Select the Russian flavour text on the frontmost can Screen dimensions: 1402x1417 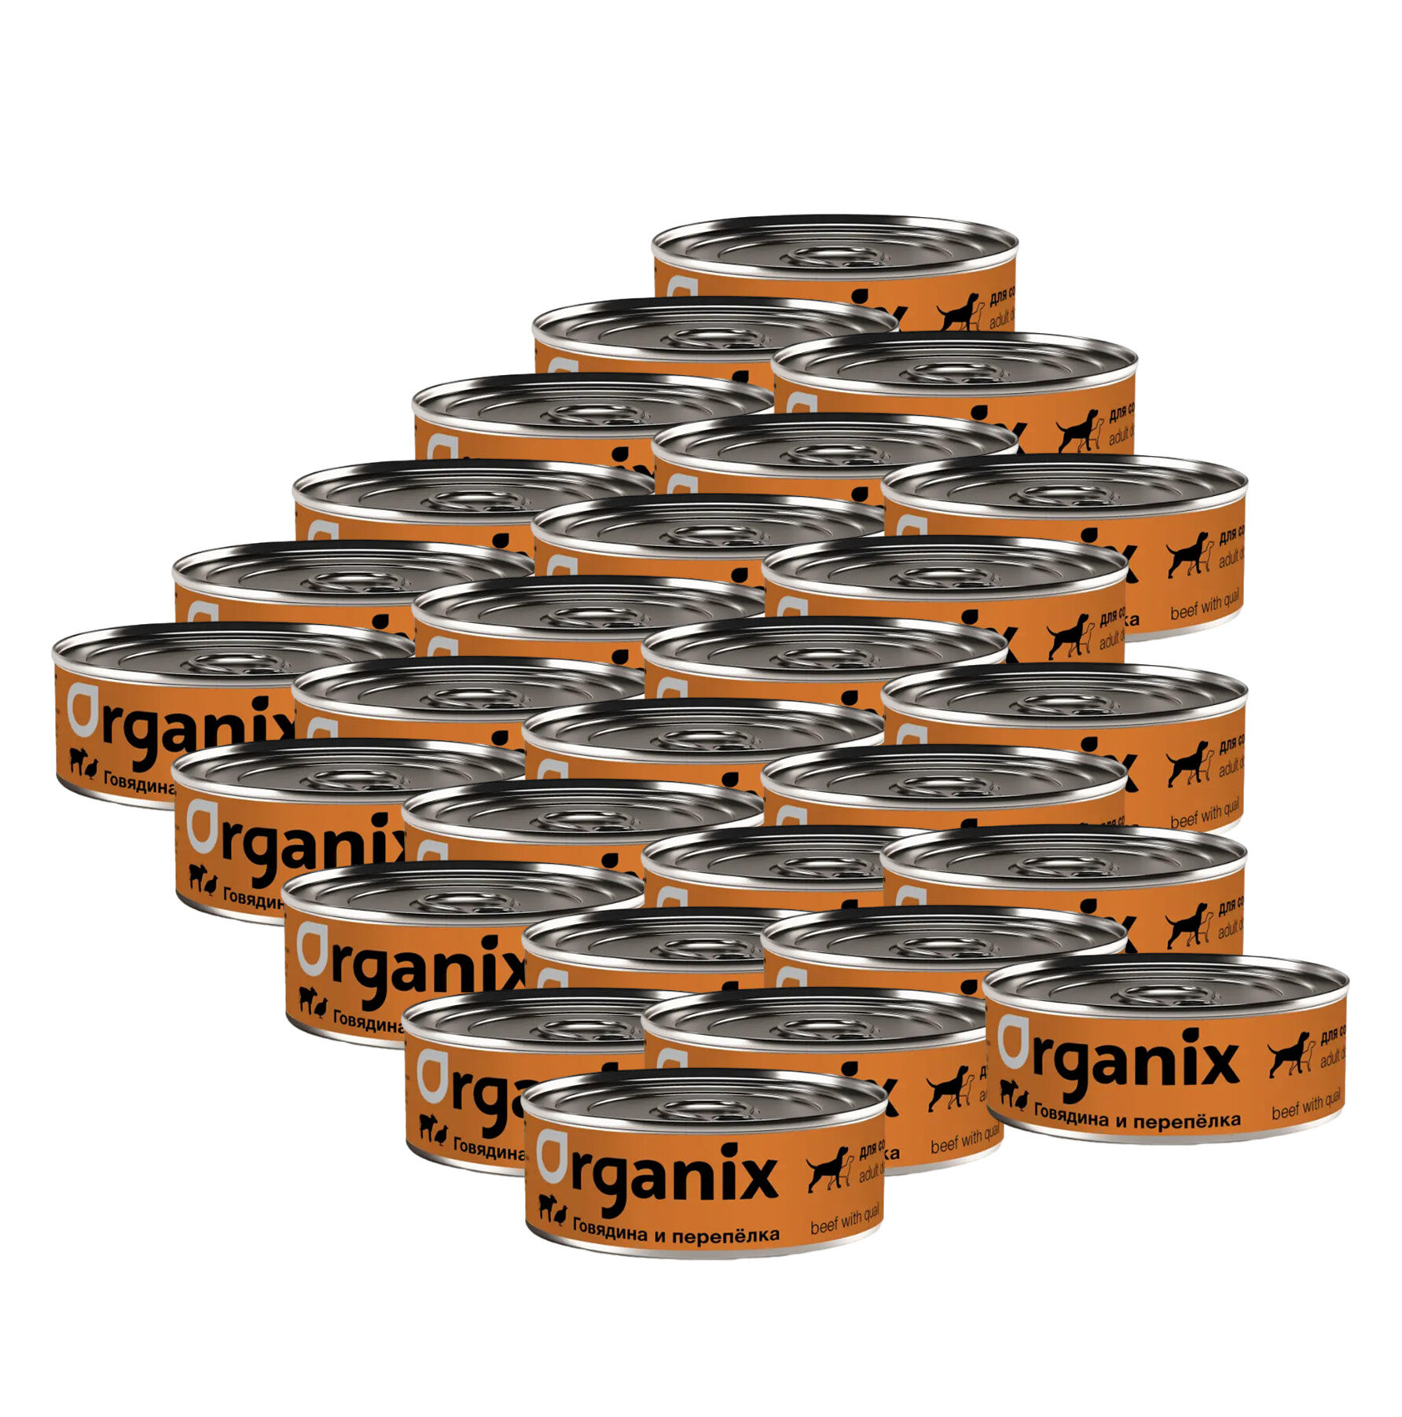coord(676,1235)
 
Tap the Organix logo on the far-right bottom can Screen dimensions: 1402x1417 coord(1118,1062)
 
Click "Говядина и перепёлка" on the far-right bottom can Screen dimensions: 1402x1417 coord(1137,1119)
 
